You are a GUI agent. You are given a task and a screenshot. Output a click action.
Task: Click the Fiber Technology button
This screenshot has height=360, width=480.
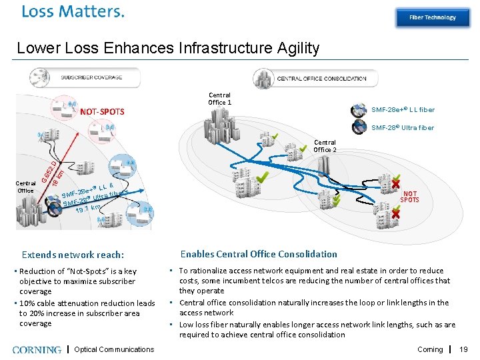coord(432,17)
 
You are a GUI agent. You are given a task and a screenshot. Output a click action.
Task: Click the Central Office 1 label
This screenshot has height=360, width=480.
coord(220,99)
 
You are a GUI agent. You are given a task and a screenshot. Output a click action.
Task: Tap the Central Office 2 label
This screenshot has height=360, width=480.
coord(325,146)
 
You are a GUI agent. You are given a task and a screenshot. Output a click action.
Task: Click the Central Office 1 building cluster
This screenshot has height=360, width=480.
coord(221,124)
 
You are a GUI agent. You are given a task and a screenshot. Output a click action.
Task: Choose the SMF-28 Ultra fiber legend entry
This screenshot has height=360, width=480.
coord(402,127)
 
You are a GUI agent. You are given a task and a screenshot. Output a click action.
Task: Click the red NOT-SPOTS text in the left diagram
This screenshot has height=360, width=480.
coord(102,111)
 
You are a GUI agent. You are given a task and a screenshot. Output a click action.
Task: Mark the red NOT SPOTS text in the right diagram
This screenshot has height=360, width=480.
coord(409,197)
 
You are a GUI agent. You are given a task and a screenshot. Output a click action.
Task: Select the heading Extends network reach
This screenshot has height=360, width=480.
coord(73,255)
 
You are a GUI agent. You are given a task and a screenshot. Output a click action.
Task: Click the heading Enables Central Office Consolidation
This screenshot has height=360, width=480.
coord(259,253)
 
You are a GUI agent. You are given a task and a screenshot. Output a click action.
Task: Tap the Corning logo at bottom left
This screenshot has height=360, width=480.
coord(37,349)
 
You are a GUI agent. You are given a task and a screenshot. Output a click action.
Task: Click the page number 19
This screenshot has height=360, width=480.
coord(465,349)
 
